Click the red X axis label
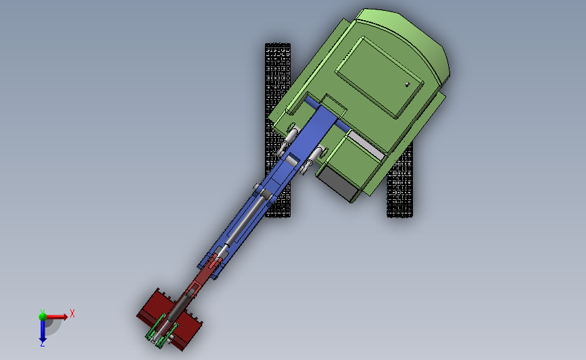(x=72, y=313)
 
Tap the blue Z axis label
(x=42, y=344)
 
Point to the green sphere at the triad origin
(x=43, y=316)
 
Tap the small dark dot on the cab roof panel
(x=408, y=84)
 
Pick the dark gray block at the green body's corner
(x=337, y=182)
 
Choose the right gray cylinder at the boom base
(x=314, y=157)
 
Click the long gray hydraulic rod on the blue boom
(x=247, y=222)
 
